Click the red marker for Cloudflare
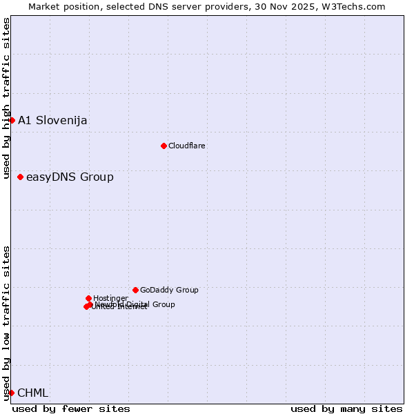[164, 146]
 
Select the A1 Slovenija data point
[12, 120]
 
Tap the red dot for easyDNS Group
[20, 177]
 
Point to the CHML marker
[11, 393]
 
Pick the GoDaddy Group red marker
[135, 290]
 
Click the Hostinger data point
[88, 298]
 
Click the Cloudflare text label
[187, 146]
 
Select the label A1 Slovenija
[52, 121]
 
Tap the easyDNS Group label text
[70, 177]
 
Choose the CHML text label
[33, 393]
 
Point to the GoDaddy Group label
[169, 290]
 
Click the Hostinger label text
[110, 298]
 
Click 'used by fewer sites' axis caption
[71, 408]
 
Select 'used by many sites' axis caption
[346, 408]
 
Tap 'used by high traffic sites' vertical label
[6, 98]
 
